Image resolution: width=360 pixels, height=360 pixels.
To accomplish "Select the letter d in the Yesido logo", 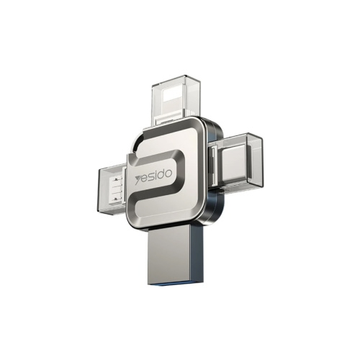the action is pos(162,174).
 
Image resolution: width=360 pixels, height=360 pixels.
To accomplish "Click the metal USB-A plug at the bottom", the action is pos(173,254).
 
